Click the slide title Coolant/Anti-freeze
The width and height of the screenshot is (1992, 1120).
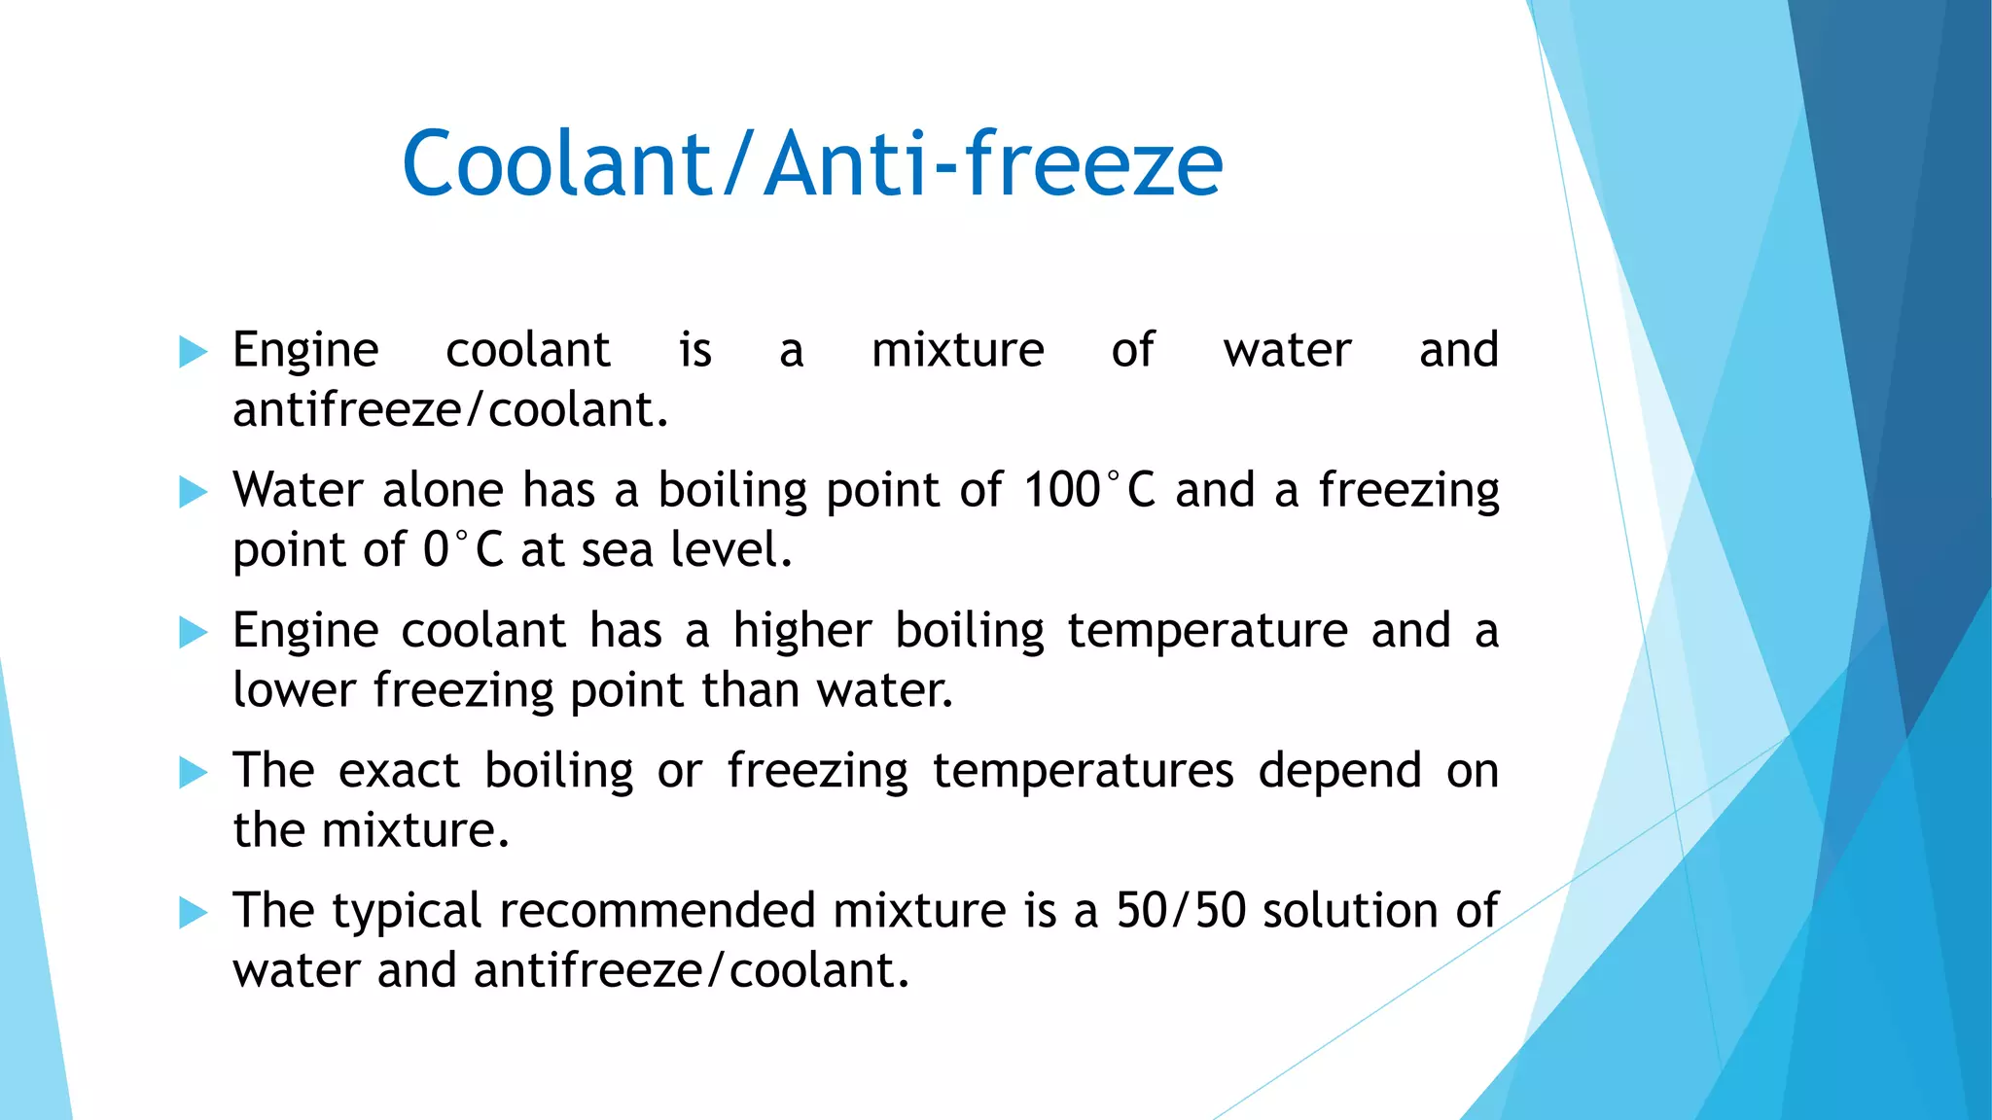[x=812, y=163]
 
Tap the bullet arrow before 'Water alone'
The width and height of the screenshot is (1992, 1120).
[x=194, y=492]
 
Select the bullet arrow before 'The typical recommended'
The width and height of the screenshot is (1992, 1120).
[x=194, y=913]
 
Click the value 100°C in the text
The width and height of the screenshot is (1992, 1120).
[x=1089, y=489]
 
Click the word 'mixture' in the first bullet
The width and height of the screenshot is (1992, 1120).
[x=957, y=350]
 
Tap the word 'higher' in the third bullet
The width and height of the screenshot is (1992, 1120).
[x=802, y=631]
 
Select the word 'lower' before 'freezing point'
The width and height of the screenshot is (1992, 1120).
[x=294, y=690]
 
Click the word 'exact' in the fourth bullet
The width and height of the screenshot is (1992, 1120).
[x=399, y=771]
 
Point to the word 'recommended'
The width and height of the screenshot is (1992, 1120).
[x=657, y=911]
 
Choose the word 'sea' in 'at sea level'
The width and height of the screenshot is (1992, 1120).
[x=617, y=550]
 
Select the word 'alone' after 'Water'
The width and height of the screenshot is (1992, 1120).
[x=443, y=490]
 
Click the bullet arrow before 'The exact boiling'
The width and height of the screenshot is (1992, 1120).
[x=194, y=773]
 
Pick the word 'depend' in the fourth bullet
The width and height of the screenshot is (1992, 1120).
[x=1339, y=772]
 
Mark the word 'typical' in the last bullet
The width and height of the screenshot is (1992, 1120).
[x=407, y=912]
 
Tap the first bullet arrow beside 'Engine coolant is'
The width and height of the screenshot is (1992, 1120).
[x=194, y=352]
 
